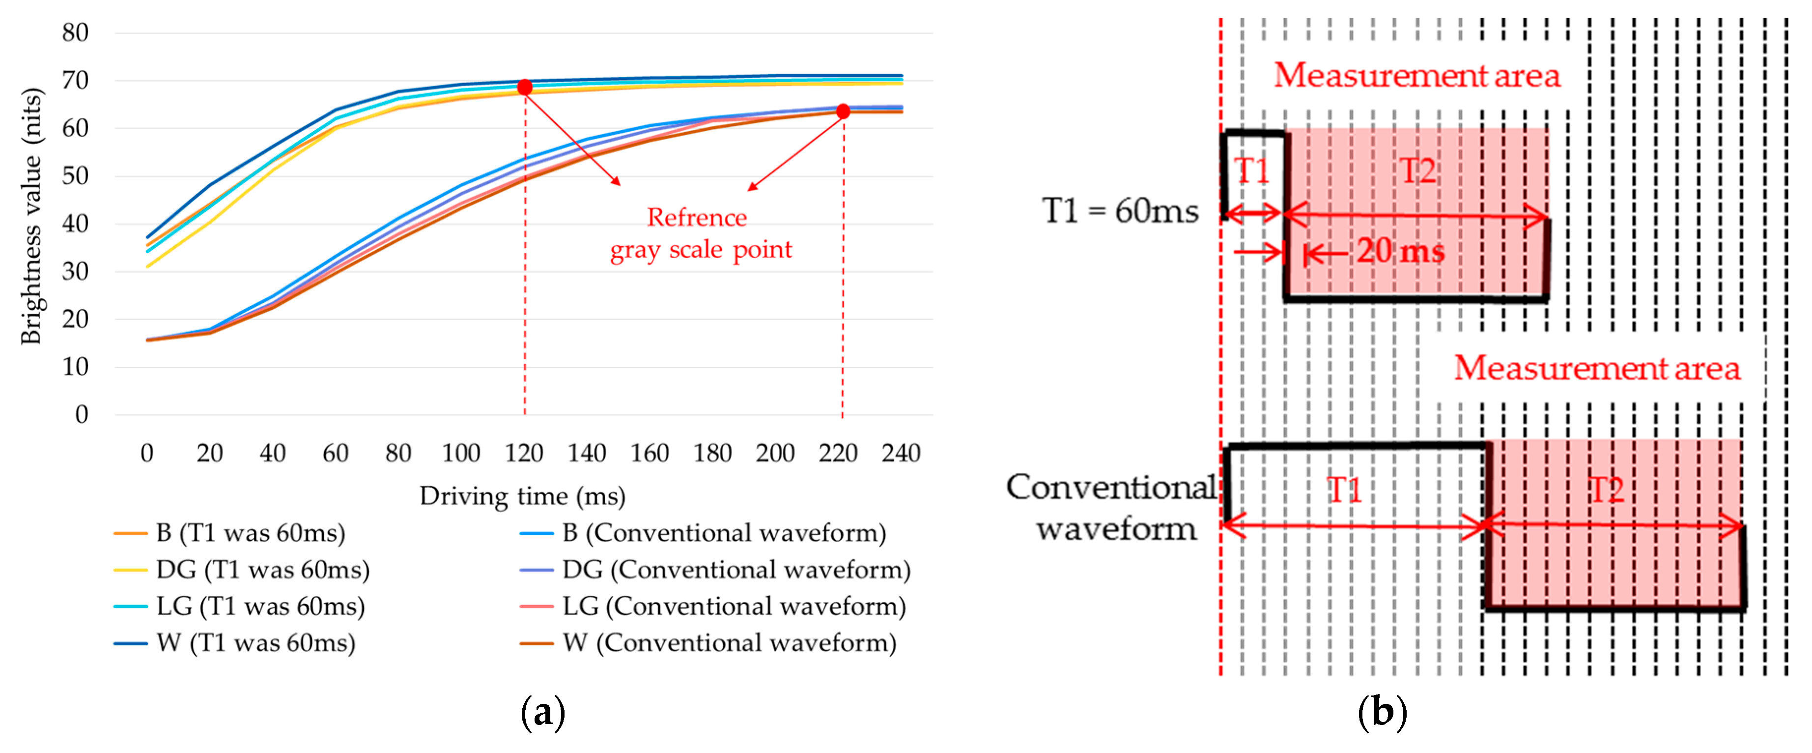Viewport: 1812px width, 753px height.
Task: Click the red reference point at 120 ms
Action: [x=525, y=87]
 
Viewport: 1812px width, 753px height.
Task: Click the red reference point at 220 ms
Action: [x=843, y=111]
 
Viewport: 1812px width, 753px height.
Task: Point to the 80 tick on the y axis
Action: [x=75, y=32]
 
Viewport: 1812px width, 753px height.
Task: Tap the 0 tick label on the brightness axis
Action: [x=82, y=414]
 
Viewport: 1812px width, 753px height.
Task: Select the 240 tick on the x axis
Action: [x=901, y=453]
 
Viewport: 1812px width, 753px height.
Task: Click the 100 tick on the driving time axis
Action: [x=461, y=453]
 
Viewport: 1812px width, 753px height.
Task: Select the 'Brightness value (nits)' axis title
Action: [x=31, y=216]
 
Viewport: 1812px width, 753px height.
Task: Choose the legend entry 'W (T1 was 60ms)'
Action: [x=256, y=642]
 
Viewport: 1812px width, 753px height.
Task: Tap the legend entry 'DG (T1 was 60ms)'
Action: [x=262, y=569]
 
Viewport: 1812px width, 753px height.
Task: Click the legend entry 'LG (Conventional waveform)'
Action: [x=734, y=606]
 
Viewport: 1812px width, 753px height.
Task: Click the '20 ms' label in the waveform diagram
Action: [x=1400, y=251]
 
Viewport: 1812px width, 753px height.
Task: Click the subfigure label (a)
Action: [x=542, y=713]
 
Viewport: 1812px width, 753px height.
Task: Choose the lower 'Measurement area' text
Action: [x=1597, y=368]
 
